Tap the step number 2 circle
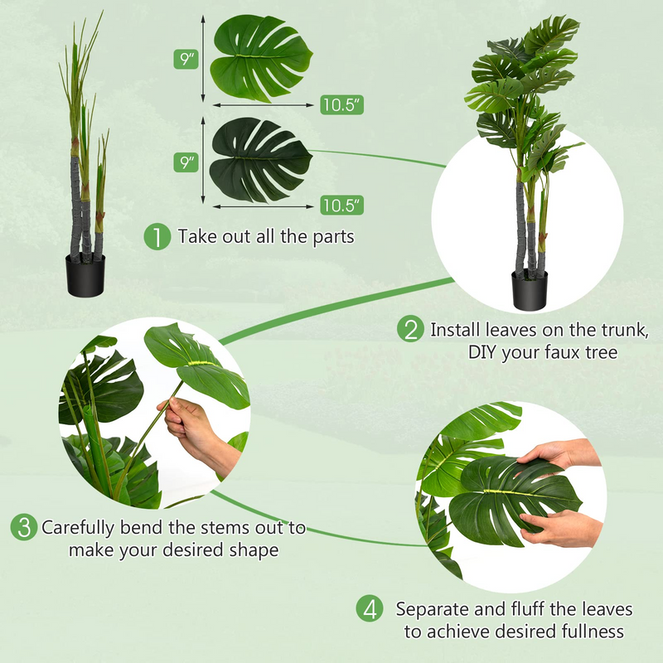coord(410,329)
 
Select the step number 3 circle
coord(23,527)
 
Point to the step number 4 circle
coord(370,609)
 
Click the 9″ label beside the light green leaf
coord(186,60)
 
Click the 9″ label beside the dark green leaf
coord(186,162)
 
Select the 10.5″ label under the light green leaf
coord(341,104)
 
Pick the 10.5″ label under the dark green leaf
coord(341,205)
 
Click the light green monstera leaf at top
coord(261,57)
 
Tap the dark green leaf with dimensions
coord(259,159)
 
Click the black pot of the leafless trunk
coord(86,274)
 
